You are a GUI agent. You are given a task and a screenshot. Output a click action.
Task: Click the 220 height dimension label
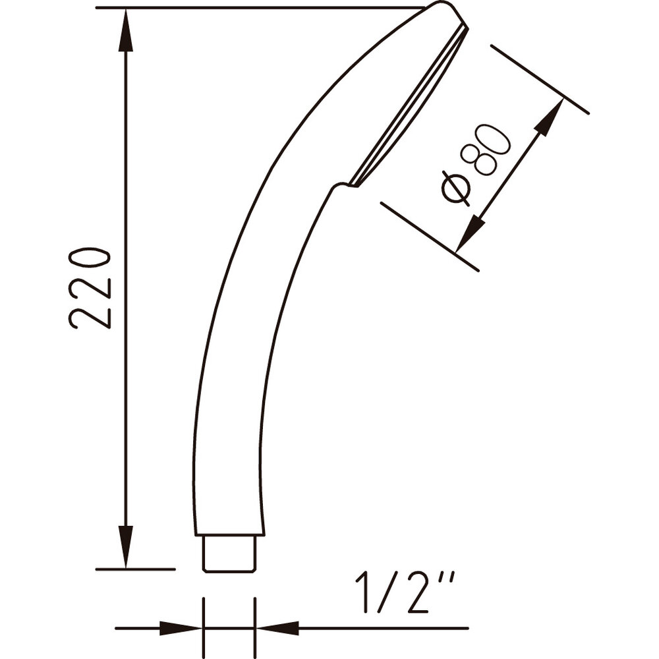(x=89, y=289)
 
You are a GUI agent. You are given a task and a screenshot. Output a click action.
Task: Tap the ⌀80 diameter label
(x=476, y=165)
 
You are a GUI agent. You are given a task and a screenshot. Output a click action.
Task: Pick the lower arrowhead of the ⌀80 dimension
(x=469, y=233)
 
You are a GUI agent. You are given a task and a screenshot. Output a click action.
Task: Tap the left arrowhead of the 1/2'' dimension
(x=181, y=629)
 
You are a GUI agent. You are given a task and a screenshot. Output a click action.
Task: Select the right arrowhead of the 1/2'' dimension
(x=277, y=629)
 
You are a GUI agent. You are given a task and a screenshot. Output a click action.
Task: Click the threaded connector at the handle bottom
(x=229, y=554)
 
